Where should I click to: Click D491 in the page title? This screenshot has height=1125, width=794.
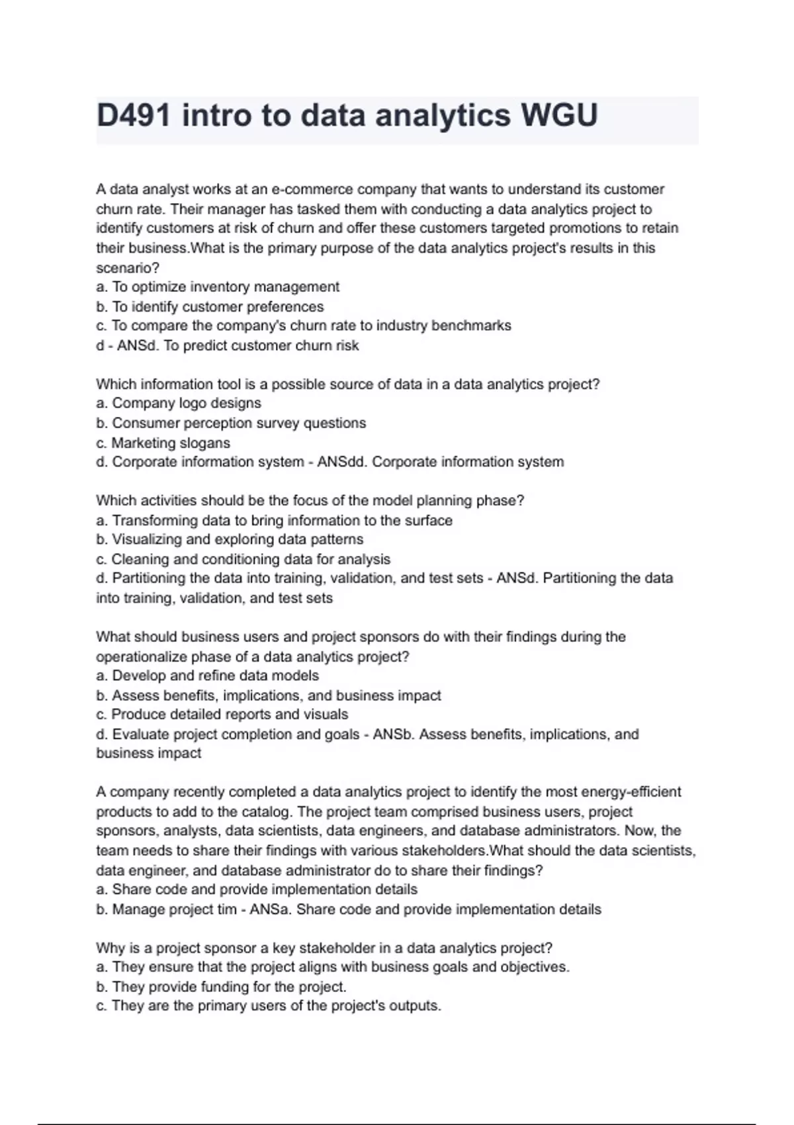tap(134, 116)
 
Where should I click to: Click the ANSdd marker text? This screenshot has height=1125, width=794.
tap(341, 462)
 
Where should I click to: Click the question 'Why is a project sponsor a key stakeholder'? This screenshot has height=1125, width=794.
tap(324, 948)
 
